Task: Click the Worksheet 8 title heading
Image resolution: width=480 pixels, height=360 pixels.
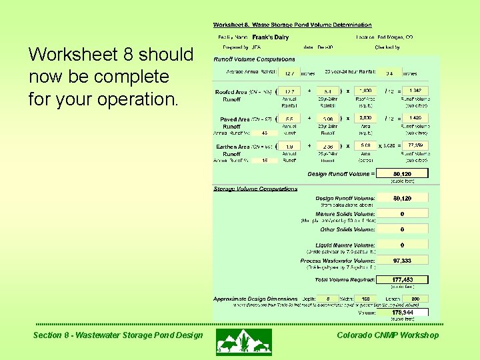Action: click(293, 25)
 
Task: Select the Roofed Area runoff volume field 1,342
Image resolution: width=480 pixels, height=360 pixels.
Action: click(415, 90)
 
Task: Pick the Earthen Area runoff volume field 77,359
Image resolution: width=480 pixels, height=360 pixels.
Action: click(415, 145)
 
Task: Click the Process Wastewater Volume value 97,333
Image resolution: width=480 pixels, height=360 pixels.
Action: click(402, 261)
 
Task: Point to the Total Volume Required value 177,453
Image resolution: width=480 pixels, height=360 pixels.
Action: click(402, 279)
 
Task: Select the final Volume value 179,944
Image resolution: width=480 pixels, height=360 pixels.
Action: click(402, 311)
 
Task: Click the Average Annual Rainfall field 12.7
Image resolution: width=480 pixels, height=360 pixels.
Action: click(289, 73)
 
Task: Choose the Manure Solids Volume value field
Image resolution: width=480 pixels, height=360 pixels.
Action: click(402, 213)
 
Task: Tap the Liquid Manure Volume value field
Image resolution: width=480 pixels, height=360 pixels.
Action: click(402, 245)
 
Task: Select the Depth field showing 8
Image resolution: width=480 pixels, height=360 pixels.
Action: click(328, 299)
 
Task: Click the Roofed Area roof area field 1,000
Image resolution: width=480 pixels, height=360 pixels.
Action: click(366, 90)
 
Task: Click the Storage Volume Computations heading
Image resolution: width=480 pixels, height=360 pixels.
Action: click(255, 189)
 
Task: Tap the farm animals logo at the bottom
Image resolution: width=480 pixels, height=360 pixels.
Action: click(244, 341)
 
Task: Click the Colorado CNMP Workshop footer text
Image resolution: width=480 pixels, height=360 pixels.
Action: click(388, 335)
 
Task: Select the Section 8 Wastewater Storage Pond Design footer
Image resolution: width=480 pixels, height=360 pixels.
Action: click(117, 335)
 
